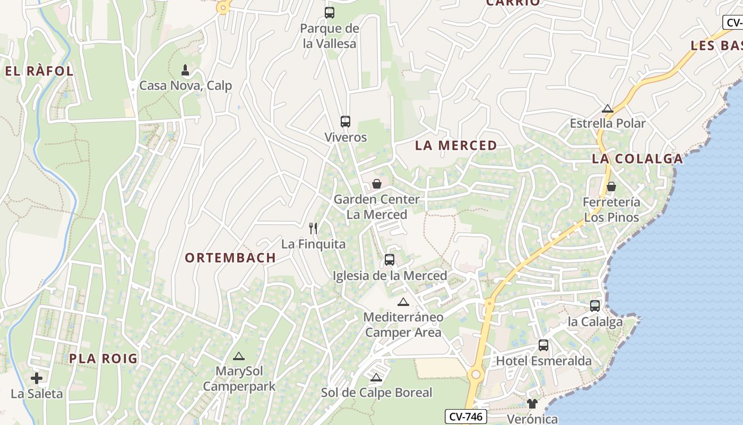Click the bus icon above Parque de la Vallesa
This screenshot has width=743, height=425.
(x=330, y=12)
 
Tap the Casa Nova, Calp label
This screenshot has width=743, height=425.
(x=185, y=86)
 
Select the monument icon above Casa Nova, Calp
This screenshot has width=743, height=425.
(x=185, y=70)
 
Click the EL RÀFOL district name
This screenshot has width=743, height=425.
(x=39, y=71)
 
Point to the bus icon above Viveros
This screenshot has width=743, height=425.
(x=345, y=122)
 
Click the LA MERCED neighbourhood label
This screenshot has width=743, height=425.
(x=456, y=146)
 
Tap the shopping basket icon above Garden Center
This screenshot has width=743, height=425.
(x=377, y=184)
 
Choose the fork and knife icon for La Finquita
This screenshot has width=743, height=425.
(x=313, y=228)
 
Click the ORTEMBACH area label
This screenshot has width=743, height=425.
(x=230, y=258)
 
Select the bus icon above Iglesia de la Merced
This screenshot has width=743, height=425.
(x=390, y=260)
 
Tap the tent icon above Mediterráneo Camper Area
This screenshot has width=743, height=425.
(x=403, y=302)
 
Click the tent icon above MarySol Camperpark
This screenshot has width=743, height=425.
(x=239, y=356)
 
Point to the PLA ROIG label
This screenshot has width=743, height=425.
(x=103, y=359)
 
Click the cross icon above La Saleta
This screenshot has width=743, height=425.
(x=37, y=378)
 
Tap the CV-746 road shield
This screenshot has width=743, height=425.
(x=465, y=416)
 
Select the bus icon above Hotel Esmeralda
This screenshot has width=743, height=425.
(x=543, y=345)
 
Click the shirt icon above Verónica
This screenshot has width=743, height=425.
(x=532, y=404)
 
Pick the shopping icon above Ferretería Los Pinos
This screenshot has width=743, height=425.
(x=611, y=186)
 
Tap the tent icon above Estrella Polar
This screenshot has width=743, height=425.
(x=608, y=109)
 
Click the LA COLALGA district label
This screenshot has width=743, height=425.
(x=637, y=159)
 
